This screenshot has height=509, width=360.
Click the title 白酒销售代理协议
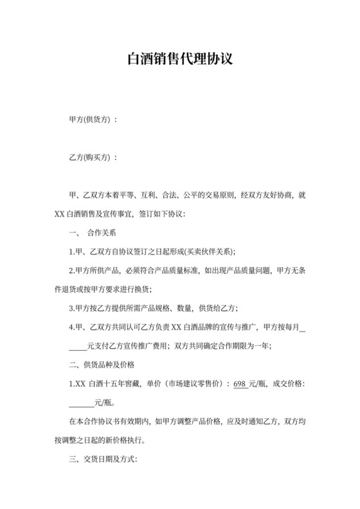pyautogui.click(x=179, y=60)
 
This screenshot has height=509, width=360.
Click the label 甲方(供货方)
pyautogui.click(x=89, y=120)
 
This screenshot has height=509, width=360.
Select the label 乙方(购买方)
pyautogui.click(x=89, y=157)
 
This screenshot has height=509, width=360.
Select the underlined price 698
pyautogui.click(x=240, y=384)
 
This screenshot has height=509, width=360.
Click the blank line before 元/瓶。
pyautogui.click(x=80, y=404)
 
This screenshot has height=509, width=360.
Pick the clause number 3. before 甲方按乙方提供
pyautogui.click(x=72, y=308)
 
